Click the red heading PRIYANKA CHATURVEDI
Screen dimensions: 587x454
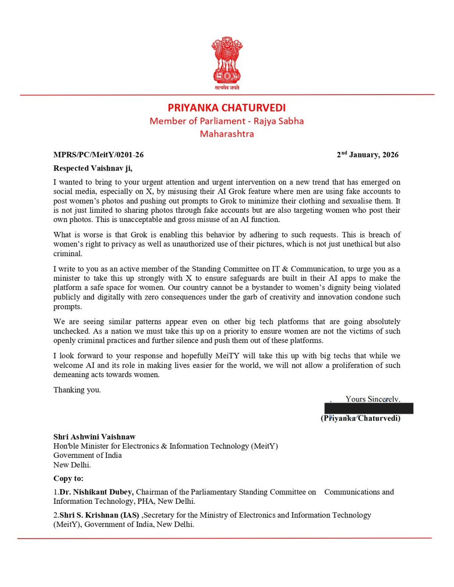227,107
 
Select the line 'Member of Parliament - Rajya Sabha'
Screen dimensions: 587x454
227,120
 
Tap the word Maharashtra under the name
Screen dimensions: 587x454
227,133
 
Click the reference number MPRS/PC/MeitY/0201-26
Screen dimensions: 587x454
98,155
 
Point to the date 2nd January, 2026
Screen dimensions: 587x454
367,155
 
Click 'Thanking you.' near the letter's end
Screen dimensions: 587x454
77,390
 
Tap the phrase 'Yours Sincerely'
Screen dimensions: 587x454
372,399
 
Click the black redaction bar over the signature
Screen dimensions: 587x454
369,408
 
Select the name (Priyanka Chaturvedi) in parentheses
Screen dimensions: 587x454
360,418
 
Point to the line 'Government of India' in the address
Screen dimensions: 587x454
88,455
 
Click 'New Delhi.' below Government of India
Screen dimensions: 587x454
72,464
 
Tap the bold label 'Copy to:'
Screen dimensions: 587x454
68,477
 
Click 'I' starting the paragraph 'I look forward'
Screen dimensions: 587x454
55,356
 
